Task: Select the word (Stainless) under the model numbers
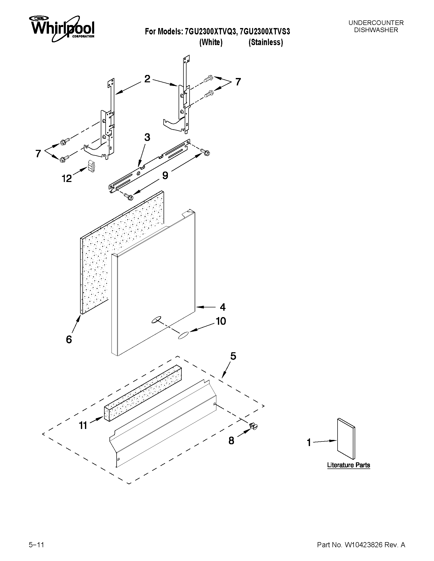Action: pyautogui.click(x=266, y=42)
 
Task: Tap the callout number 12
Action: pyautogui.click(x=67, y=178)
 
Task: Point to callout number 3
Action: pyautogui.click(x=147, y=138)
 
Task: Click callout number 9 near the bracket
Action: pyautogui.click(x=165, y=175)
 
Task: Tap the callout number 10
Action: pyautogui.click(x=221, y=321)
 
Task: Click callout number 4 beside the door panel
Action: pyautogui.click(x=223, y=307)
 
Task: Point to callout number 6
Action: pyautogui.click(x=69, y=340)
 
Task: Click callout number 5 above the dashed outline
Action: pyautogui.click(x=233, y=356)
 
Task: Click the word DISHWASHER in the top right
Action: pyautogui.click(x=376, y=30)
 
